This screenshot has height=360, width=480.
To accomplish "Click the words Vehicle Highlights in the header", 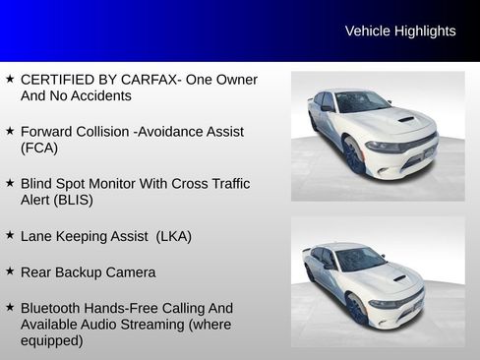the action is (x=400, y=31).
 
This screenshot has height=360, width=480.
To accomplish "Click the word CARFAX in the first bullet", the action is (x=149, y=80).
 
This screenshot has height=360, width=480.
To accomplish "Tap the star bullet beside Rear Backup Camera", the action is (x=10, y=271).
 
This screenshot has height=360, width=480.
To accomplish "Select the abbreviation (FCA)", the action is (x=39, y=148).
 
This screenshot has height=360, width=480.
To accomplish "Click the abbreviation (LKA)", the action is (x=174, y=236).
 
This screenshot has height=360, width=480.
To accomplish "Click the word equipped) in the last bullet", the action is (x=52, y=341).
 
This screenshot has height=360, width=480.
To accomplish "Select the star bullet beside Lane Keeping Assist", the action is (x=10, y=235).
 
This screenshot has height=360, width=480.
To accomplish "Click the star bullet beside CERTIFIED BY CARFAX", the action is (x=10, y=79).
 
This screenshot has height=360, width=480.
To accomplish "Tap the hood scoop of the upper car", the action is (x=406, y=119).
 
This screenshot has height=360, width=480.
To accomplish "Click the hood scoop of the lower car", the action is (x=399, y=278).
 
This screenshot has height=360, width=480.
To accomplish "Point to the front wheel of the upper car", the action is (x=353, y=155).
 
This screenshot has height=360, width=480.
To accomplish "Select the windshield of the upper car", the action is (x=362, y=102).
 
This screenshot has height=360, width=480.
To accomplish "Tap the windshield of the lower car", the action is (x=361, y=259).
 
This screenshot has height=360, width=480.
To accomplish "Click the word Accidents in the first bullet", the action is (x=100, y=96).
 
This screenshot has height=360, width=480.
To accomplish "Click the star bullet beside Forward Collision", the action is (x=10, y=131).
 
